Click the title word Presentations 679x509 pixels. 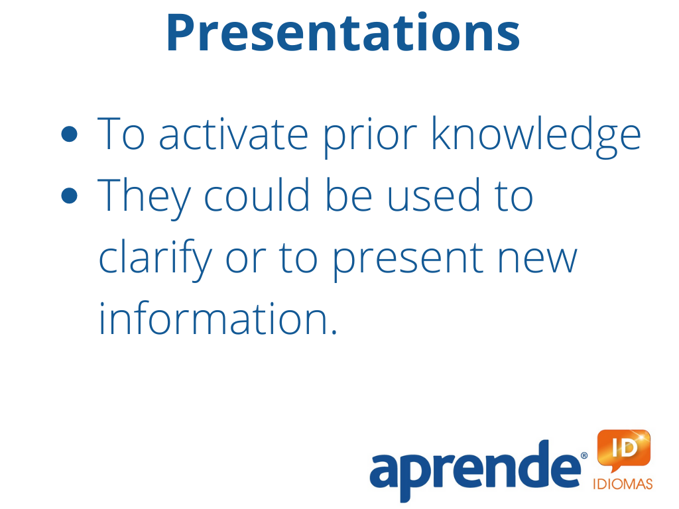tap(343, 33)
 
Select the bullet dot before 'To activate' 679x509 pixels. tap(69, 134)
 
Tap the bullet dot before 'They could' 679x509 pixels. tap(69, 196)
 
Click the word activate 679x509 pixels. tap(234, 134)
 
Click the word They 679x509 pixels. tap(144, 198)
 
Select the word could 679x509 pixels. tap(257, 195)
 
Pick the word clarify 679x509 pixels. tap(155, 259)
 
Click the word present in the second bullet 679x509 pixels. tap(408, 260)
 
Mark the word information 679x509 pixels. tap(214, 318)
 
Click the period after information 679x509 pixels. tap(334, 332)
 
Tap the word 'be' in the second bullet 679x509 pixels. tap(349, 195)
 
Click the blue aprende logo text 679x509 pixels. tap(475, 472)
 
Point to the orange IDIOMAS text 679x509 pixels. tap(623, 483)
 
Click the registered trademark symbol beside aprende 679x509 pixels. tap(584, 455)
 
